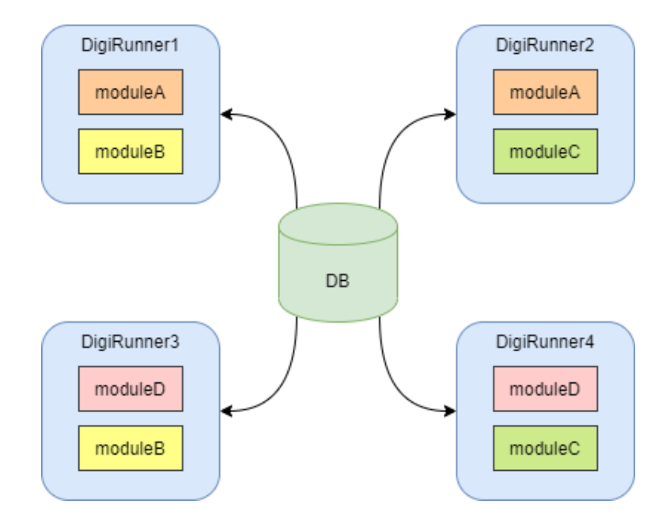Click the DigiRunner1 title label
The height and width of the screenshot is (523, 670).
click(x=131, y=45)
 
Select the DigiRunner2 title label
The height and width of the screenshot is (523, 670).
click(x=545, y=45)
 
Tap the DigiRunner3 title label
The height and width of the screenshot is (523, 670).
click(x=131, y=343)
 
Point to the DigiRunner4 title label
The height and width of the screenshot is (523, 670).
click(x=545, y=343)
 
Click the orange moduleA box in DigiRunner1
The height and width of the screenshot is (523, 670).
click(x=131, y=92)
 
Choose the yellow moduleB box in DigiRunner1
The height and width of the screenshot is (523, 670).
click(x=131, y=151)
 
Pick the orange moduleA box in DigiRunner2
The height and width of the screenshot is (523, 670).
click(x=545, y=92)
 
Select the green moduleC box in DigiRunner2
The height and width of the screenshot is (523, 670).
click(x=545, y=151)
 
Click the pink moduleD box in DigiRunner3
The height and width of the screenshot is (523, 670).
click(x=131, y=389)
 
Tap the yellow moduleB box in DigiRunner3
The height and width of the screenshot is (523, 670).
click(x=131, y=449)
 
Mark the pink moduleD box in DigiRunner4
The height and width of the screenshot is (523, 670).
click(x=545, y=389)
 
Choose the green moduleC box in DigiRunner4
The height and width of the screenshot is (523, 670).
click(x=545, y=449)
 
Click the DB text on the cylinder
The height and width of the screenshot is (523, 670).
click(x=338, y=281)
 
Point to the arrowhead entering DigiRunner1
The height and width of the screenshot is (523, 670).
click(x=226, y=115)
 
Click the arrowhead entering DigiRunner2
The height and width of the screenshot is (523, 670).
click(x=451, y=115)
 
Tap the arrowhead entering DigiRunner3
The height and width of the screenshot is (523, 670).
click(x=226, y=411)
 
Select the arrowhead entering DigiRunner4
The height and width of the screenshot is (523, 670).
click(x=451, y=411)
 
